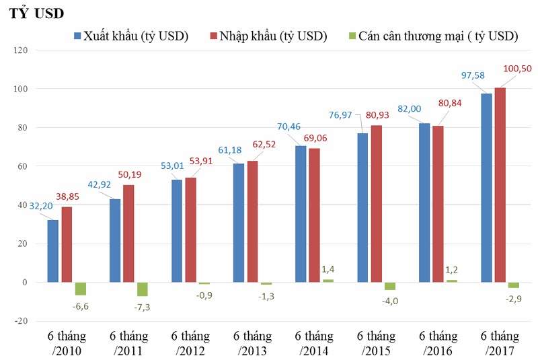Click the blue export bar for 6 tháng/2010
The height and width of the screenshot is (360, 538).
pyautogui.click(x=52, y=251)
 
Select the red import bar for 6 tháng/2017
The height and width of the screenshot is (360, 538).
pyautogui.click(x=500, y=184)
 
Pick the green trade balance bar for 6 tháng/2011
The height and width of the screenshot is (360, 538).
pyautogui.click(x=143, y=289)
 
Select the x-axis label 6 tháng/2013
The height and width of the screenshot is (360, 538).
pyautogui.click(x=252, y=343)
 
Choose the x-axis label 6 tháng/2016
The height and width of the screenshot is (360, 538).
pyautogui.click(x=438, y=343)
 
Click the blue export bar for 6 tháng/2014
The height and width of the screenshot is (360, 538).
pyautogui.click(x=301, y=213)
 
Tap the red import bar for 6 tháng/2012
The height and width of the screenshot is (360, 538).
pyautogui.click(x=191, y=229)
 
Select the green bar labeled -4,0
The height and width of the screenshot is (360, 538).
pyautogui.click(x=389, y=286)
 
